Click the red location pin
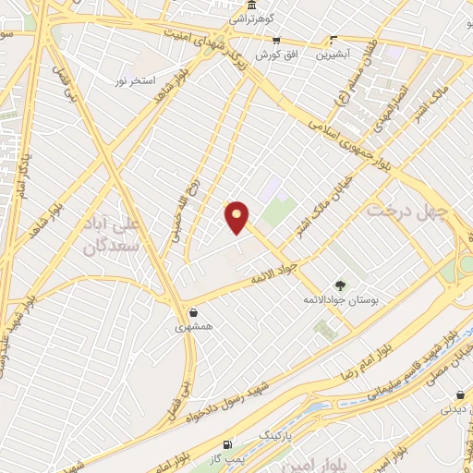(237, 217)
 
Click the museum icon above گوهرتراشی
(241, 6)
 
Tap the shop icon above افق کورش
(275, 41)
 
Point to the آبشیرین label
(334, 55)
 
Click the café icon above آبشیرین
(334, 40)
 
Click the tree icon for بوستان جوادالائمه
(341, 285)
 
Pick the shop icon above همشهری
(192, 312)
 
